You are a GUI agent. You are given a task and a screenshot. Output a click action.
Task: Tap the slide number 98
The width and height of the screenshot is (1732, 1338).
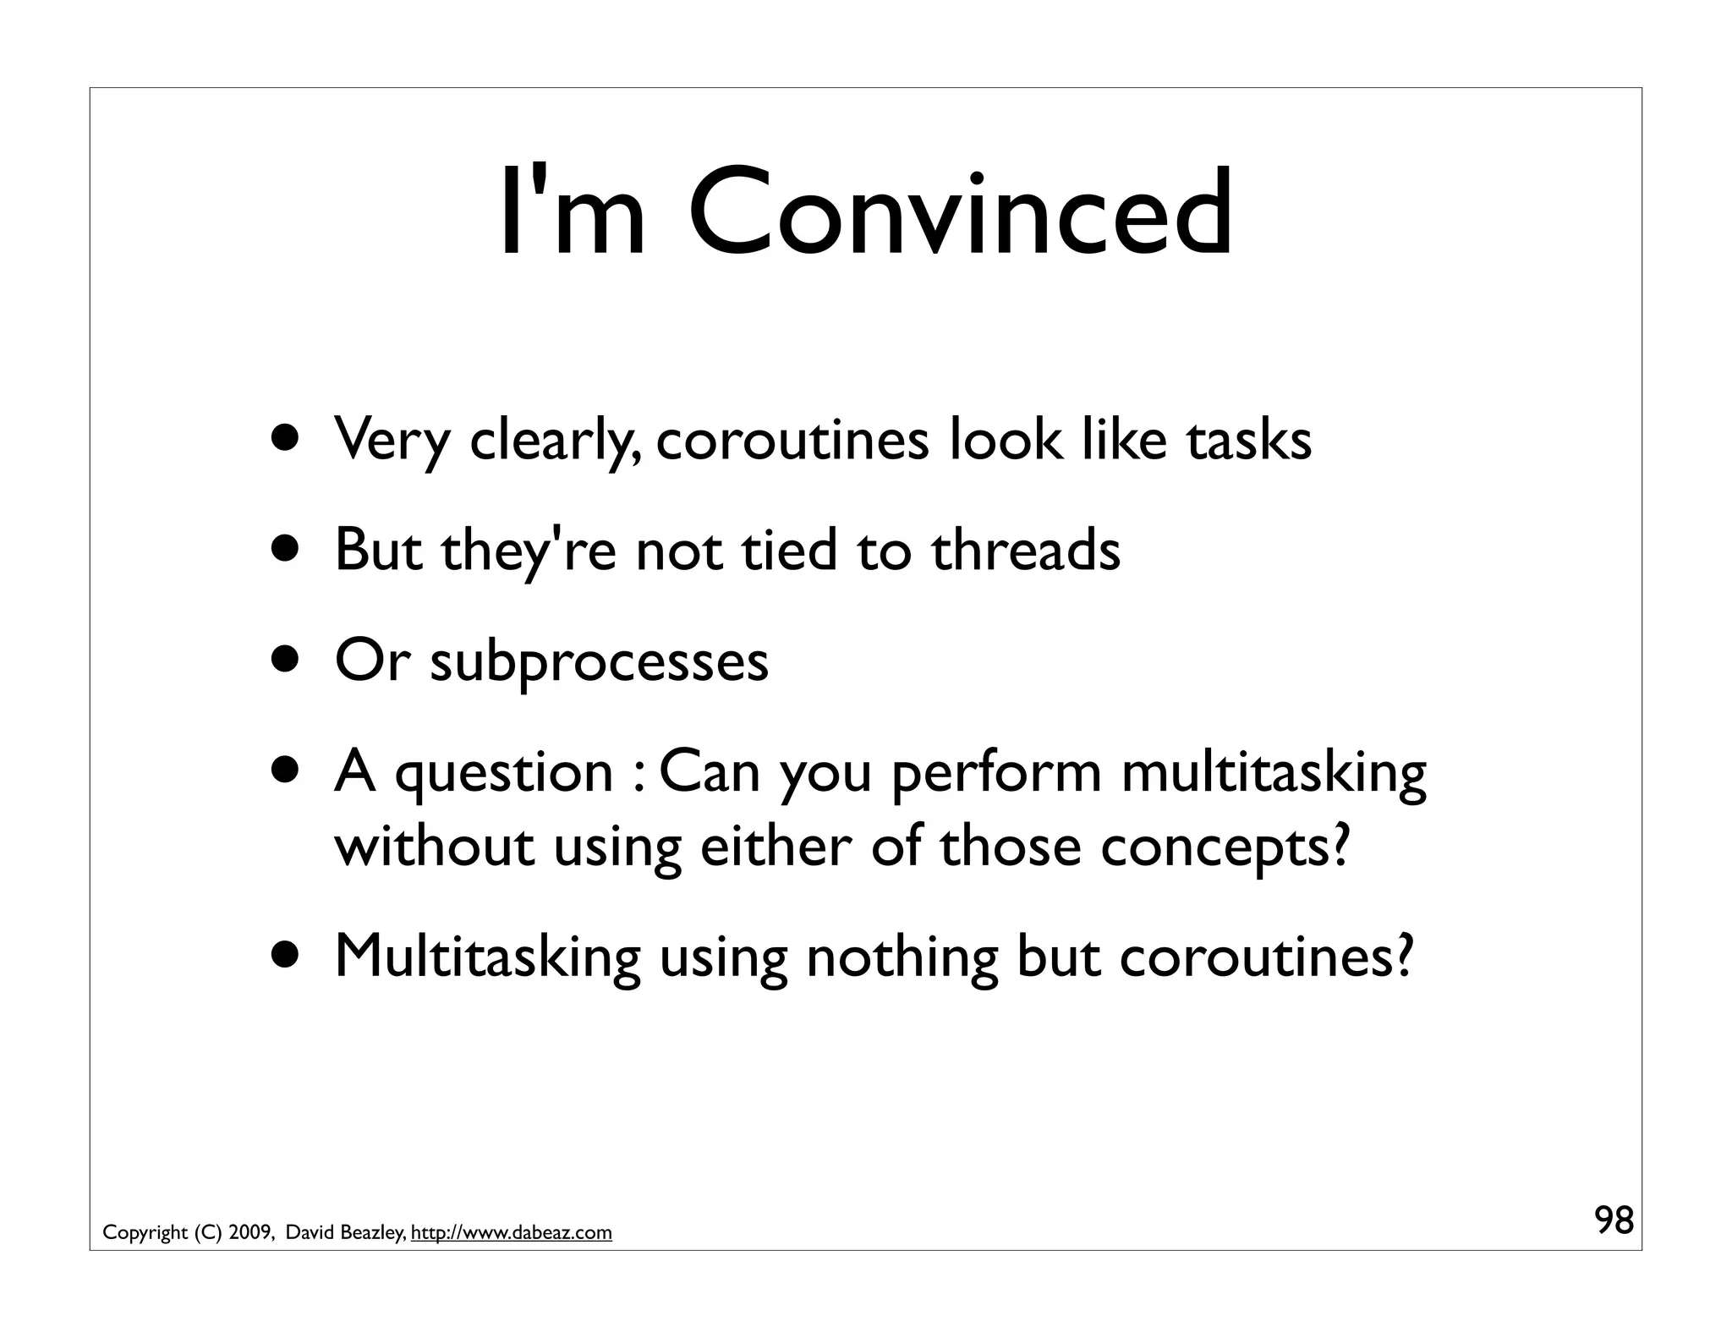1614,1221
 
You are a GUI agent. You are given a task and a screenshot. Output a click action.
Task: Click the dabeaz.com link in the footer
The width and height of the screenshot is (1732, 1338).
511,1233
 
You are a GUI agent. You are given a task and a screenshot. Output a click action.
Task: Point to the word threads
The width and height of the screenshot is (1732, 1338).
1025,550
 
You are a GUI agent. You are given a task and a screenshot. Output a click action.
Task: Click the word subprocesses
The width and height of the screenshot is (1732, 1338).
599,661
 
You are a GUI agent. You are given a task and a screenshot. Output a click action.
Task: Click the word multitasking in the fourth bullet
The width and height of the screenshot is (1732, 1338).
1274,773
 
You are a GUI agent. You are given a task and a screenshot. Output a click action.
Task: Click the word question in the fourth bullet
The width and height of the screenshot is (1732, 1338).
504,773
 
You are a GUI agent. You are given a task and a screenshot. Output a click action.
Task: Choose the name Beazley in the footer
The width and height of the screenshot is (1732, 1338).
373,1233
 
